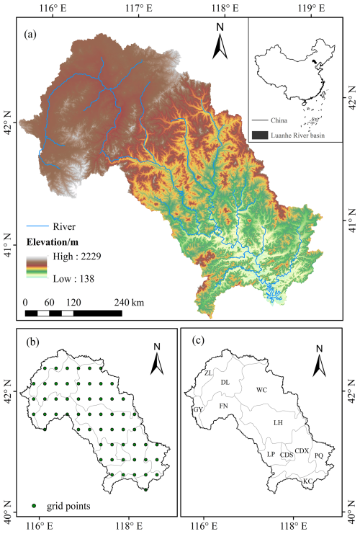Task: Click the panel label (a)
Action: pyautogui.click(x=32, y=33)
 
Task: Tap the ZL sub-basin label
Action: pyautogui.click(x=208, y=373)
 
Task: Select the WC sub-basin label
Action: pyautogui.click(x=262, y=390)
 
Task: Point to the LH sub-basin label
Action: pyautogui.click(x=278, y=423)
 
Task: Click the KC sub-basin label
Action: pyautogui.click(x=307, y=481)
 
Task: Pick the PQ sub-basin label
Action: pyautogui.click(x=319, y=455)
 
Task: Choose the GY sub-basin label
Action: pyautogui.click(x=198, y=409)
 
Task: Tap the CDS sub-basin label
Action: pyautogui.click(x=287, y=455)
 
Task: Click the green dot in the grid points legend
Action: pyautogui.click(x=34, y=506)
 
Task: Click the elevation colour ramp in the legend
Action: pyautogui.click(x=36, y=267)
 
